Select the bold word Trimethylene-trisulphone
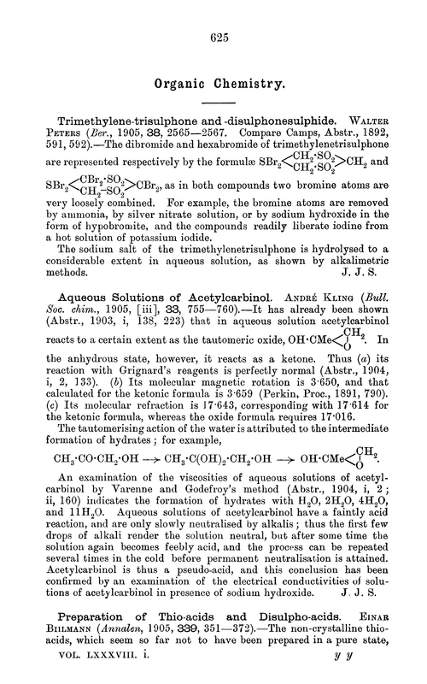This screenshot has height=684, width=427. click(134, 120)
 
